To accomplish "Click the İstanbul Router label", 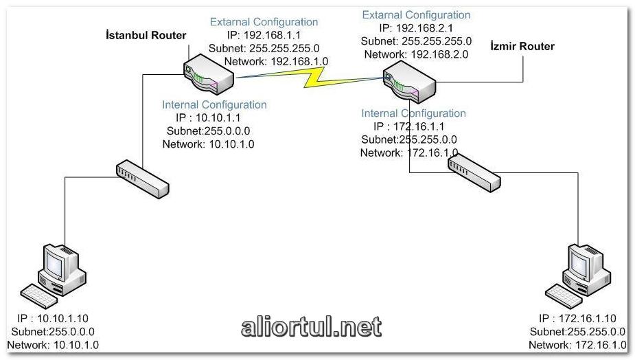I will coord(146,35).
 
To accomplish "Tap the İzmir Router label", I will coord(523,46).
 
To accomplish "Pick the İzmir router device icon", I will coord(410,80).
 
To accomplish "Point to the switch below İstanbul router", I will coord(142,176).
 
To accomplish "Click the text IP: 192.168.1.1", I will coord(264,35).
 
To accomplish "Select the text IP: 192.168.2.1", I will coord(415,28).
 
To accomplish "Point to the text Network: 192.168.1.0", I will coord(276,61).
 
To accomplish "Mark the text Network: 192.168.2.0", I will coord(416,54).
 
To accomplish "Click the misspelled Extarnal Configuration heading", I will coord(264,22).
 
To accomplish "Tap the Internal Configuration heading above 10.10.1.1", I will coord(214,104).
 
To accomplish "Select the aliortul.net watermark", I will coord(311,328).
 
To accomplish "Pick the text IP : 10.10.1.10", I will coord(53,318).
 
